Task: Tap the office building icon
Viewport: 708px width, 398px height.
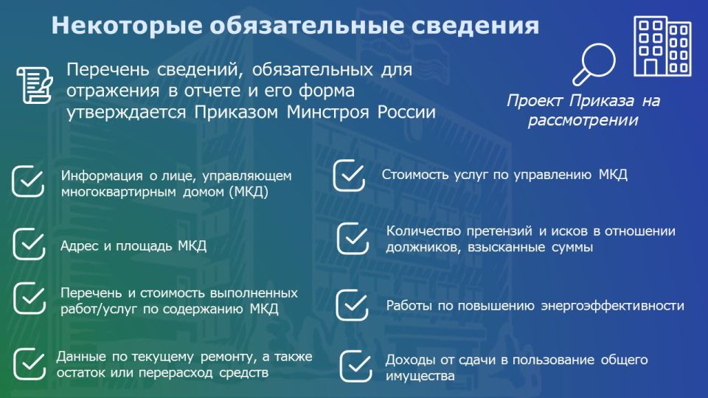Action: coord(662,46)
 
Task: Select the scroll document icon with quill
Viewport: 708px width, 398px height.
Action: coord(35,85)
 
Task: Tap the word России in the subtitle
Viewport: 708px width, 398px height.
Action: coord(406,112)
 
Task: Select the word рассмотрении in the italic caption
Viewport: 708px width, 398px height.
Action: coord(583,120)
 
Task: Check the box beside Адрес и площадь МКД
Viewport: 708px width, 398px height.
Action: coord(29,244)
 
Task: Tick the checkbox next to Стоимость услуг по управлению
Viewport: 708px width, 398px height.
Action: coord(349,175)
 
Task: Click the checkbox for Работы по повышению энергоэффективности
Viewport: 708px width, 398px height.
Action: coord(353,305)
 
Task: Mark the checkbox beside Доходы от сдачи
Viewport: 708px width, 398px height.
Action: coord(355,366)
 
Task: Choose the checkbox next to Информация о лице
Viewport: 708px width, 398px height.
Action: coord(28,181)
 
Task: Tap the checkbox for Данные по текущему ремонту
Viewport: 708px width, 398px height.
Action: coord(29,363)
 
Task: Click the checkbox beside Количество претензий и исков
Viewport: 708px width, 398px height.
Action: coord(353,238)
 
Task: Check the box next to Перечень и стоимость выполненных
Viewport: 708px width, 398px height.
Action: coord(29,298)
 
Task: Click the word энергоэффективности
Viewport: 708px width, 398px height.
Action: coord(613,306)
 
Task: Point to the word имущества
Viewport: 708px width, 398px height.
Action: coord(420,376)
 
